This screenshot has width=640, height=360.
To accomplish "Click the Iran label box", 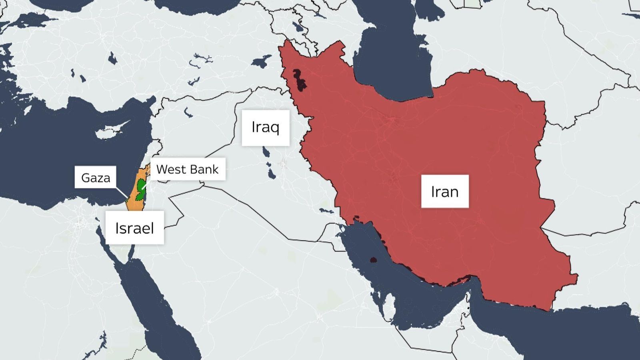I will click(x=445, y=192).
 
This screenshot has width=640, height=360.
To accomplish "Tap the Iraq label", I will click(x=265, y=128).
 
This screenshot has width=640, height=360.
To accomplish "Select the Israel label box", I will click(x=134, y=228).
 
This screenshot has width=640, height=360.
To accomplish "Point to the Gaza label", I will click(x=96, y=178).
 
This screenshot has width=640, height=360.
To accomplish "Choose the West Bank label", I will click(x=187, y=169).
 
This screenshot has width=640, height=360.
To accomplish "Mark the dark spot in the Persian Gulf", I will click(x=373, y=260).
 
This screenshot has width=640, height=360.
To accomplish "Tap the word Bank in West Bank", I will click(x=204, y=169).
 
